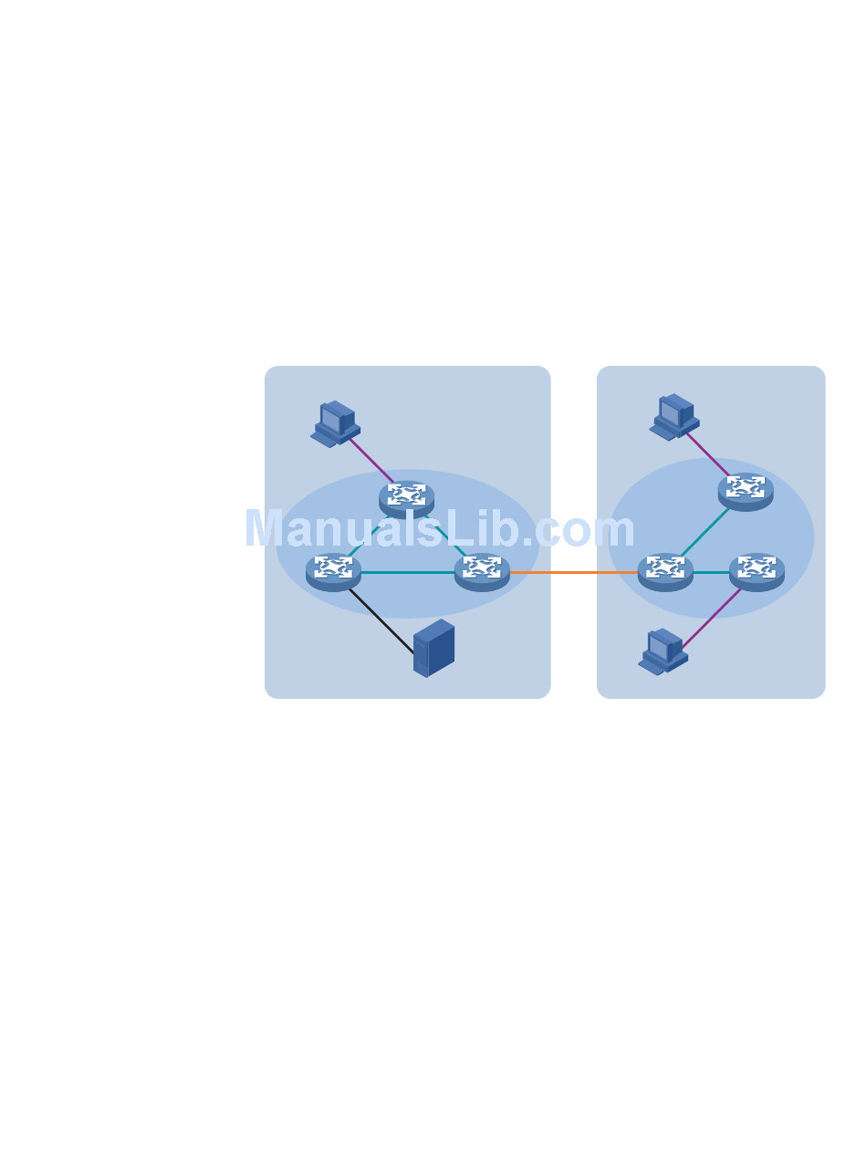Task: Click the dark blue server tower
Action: tap(433, 649)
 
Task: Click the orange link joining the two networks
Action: tap(573, 572)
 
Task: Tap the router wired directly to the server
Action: tap(333, 571)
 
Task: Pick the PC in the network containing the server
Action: tap(335, 423)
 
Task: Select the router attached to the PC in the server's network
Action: tap(406, 497)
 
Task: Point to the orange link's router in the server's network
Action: tap(482, 571)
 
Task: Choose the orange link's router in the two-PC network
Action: tap(665, 571)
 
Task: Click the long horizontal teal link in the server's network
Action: tap(407, 572)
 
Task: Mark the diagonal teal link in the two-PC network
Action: tap(703, 532)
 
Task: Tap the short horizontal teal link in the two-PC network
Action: tap(711, 572)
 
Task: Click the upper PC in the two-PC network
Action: tap(674, 417)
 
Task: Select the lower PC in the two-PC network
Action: tap(663, 651)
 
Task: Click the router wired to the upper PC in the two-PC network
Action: tap(746, 490)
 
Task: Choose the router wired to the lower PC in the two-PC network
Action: tap(757, 571)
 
